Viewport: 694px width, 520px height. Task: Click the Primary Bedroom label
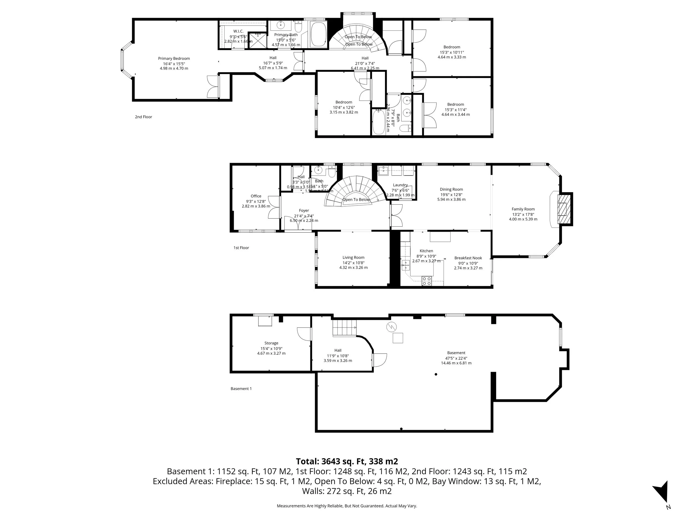point(174,59)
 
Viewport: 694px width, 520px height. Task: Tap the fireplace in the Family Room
point(562,209)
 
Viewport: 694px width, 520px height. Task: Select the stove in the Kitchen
point(427,281)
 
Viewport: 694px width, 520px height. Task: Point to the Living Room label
point(353,257)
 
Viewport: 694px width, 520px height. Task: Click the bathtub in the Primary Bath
point(318,34)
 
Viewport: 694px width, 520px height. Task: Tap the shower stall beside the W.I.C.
point(257,41)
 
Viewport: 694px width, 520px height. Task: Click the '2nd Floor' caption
point(144,117)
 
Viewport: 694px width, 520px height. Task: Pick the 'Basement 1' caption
point(241,389)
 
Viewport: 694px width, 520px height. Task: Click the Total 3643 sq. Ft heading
point(347,461)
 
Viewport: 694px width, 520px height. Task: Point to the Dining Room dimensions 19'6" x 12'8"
point(451,194)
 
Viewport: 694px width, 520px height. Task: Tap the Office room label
point(256,196)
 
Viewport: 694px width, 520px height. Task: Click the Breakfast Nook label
point(468,258)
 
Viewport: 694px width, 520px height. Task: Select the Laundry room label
point(400,185)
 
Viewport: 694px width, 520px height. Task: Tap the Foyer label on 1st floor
point(304,210)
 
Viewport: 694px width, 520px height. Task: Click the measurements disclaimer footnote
point(347,506)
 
